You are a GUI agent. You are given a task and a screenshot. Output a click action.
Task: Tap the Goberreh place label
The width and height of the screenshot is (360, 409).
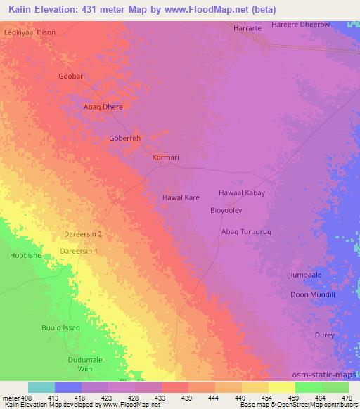125,138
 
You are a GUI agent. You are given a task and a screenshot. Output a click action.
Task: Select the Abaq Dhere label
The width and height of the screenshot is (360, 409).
103,107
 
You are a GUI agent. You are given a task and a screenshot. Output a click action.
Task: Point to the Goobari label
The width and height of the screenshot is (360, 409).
75,76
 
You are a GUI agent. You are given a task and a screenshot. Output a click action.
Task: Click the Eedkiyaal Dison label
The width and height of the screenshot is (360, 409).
30,32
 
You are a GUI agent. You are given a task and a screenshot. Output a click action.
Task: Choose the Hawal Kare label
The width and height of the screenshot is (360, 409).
181,197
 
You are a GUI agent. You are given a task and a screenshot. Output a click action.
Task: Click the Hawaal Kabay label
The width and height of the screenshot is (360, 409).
241,193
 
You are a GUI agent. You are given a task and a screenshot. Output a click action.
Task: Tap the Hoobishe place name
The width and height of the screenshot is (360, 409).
26,255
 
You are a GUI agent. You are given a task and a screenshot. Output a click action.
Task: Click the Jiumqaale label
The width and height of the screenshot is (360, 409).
304,275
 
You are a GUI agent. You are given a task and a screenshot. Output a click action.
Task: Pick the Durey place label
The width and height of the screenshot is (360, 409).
324,335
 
